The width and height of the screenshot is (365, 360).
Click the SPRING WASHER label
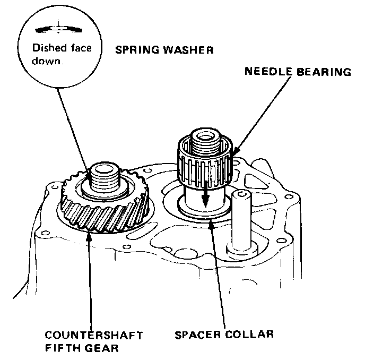click(x=165, y=51)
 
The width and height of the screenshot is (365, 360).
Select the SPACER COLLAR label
click(x=224, y=335)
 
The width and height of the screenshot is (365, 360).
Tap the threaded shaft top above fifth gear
click(x=107, y=176)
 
